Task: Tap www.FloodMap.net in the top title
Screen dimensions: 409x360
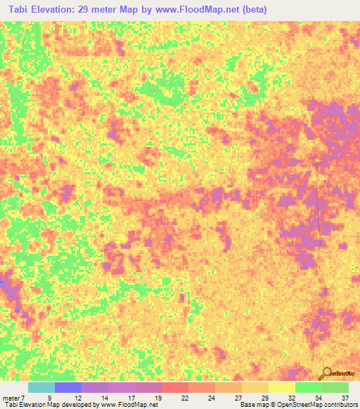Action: (x=200, y=11)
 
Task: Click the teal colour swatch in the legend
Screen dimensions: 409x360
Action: (x=41, y=387)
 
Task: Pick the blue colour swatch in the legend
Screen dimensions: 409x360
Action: (x=68, y=387)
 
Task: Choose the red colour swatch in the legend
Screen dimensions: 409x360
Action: (x=175, y=387)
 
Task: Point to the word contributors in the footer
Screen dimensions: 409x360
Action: (x=340, y=405)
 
